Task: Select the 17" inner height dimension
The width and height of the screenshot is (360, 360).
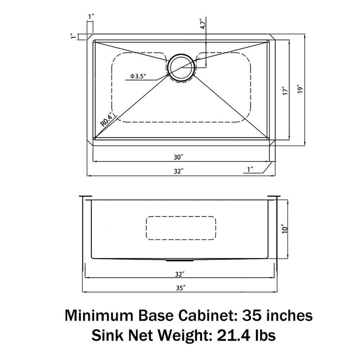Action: (285, 90)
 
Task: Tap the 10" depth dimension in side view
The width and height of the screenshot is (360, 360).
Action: (284, 229)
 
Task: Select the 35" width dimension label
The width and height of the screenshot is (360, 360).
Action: (180, 288)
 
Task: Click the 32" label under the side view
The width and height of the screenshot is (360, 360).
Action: (179, 274)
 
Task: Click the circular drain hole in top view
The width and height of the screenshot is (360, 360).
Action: (182, 67)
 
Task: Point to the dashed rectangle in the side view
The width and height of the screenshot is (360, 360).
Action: (181, 228)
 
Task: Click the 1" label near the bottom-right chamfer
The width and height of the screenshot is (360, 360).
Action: (250, 169)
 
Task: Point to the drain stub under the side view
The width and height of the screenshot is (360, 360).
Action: (180, 260)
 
